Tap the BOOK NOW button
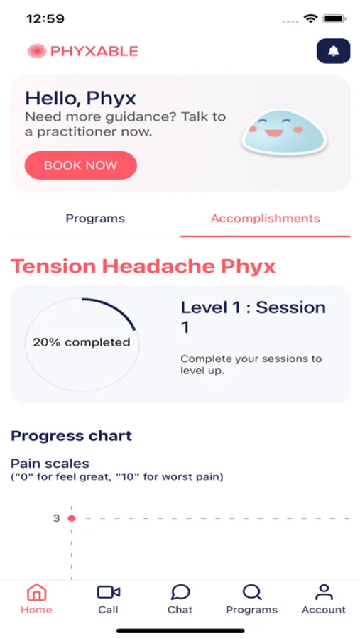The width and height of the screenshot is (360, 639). pos(80,165)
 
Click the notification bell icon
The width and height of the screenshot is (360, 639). pos(333,50)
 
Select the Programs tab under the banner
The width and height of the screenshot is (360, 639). pos(95,219)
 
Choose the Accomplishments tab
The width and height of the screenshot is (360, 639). pos(265,219)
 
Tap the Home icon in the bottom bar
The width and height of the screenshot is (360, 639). pos(36,592)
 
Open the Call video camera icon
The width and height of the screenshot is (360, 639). pos(108,592)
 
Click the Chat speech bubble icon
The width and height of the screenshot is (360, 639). pos(180,592)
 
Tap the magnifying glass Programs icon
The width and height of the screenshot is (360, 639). pos(251,592)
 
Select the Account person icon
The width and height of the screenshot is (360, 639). pos(324,592)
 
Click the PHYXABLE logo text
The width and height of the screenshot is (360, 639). pos(94,51)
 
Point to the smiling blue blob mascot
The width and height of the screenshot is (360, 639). pos(284,131)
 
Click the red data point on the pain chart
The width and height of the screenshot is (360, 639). pos(72,518)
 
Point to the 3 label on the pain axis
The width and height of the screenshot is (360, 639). pos(56,518)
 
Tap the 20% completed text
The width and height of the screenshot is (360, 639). pos(82,342)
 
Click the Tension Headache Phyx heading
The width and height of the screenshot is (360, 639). pos(143,266)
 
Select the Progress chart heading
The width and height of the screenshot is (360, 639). pos(71,436)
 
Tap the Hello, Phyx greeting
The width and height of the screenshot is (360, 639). pos(81,99)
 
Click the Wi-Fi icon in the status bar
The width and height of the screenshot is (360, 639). pos(310,18)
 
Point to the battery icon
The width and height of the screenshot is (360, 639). pos(334,18)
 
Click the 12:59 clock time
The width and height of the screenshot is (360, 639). pos(45,18)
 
